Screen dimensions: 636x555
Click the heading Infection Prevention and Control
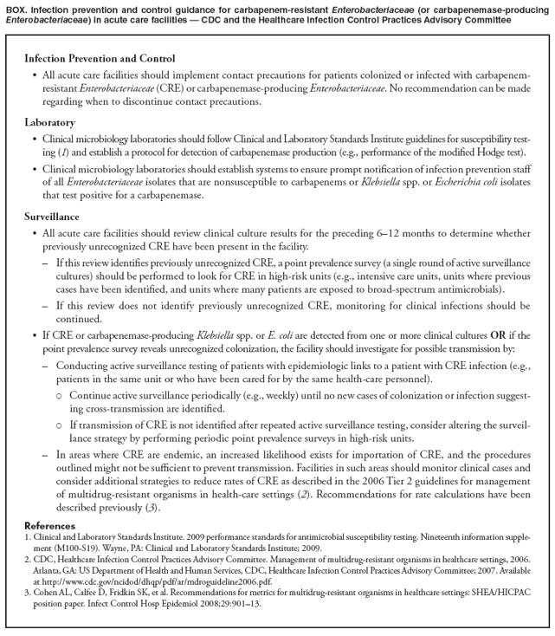pos(100,59)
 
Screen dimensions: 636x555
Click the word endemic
pos(172,453)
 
